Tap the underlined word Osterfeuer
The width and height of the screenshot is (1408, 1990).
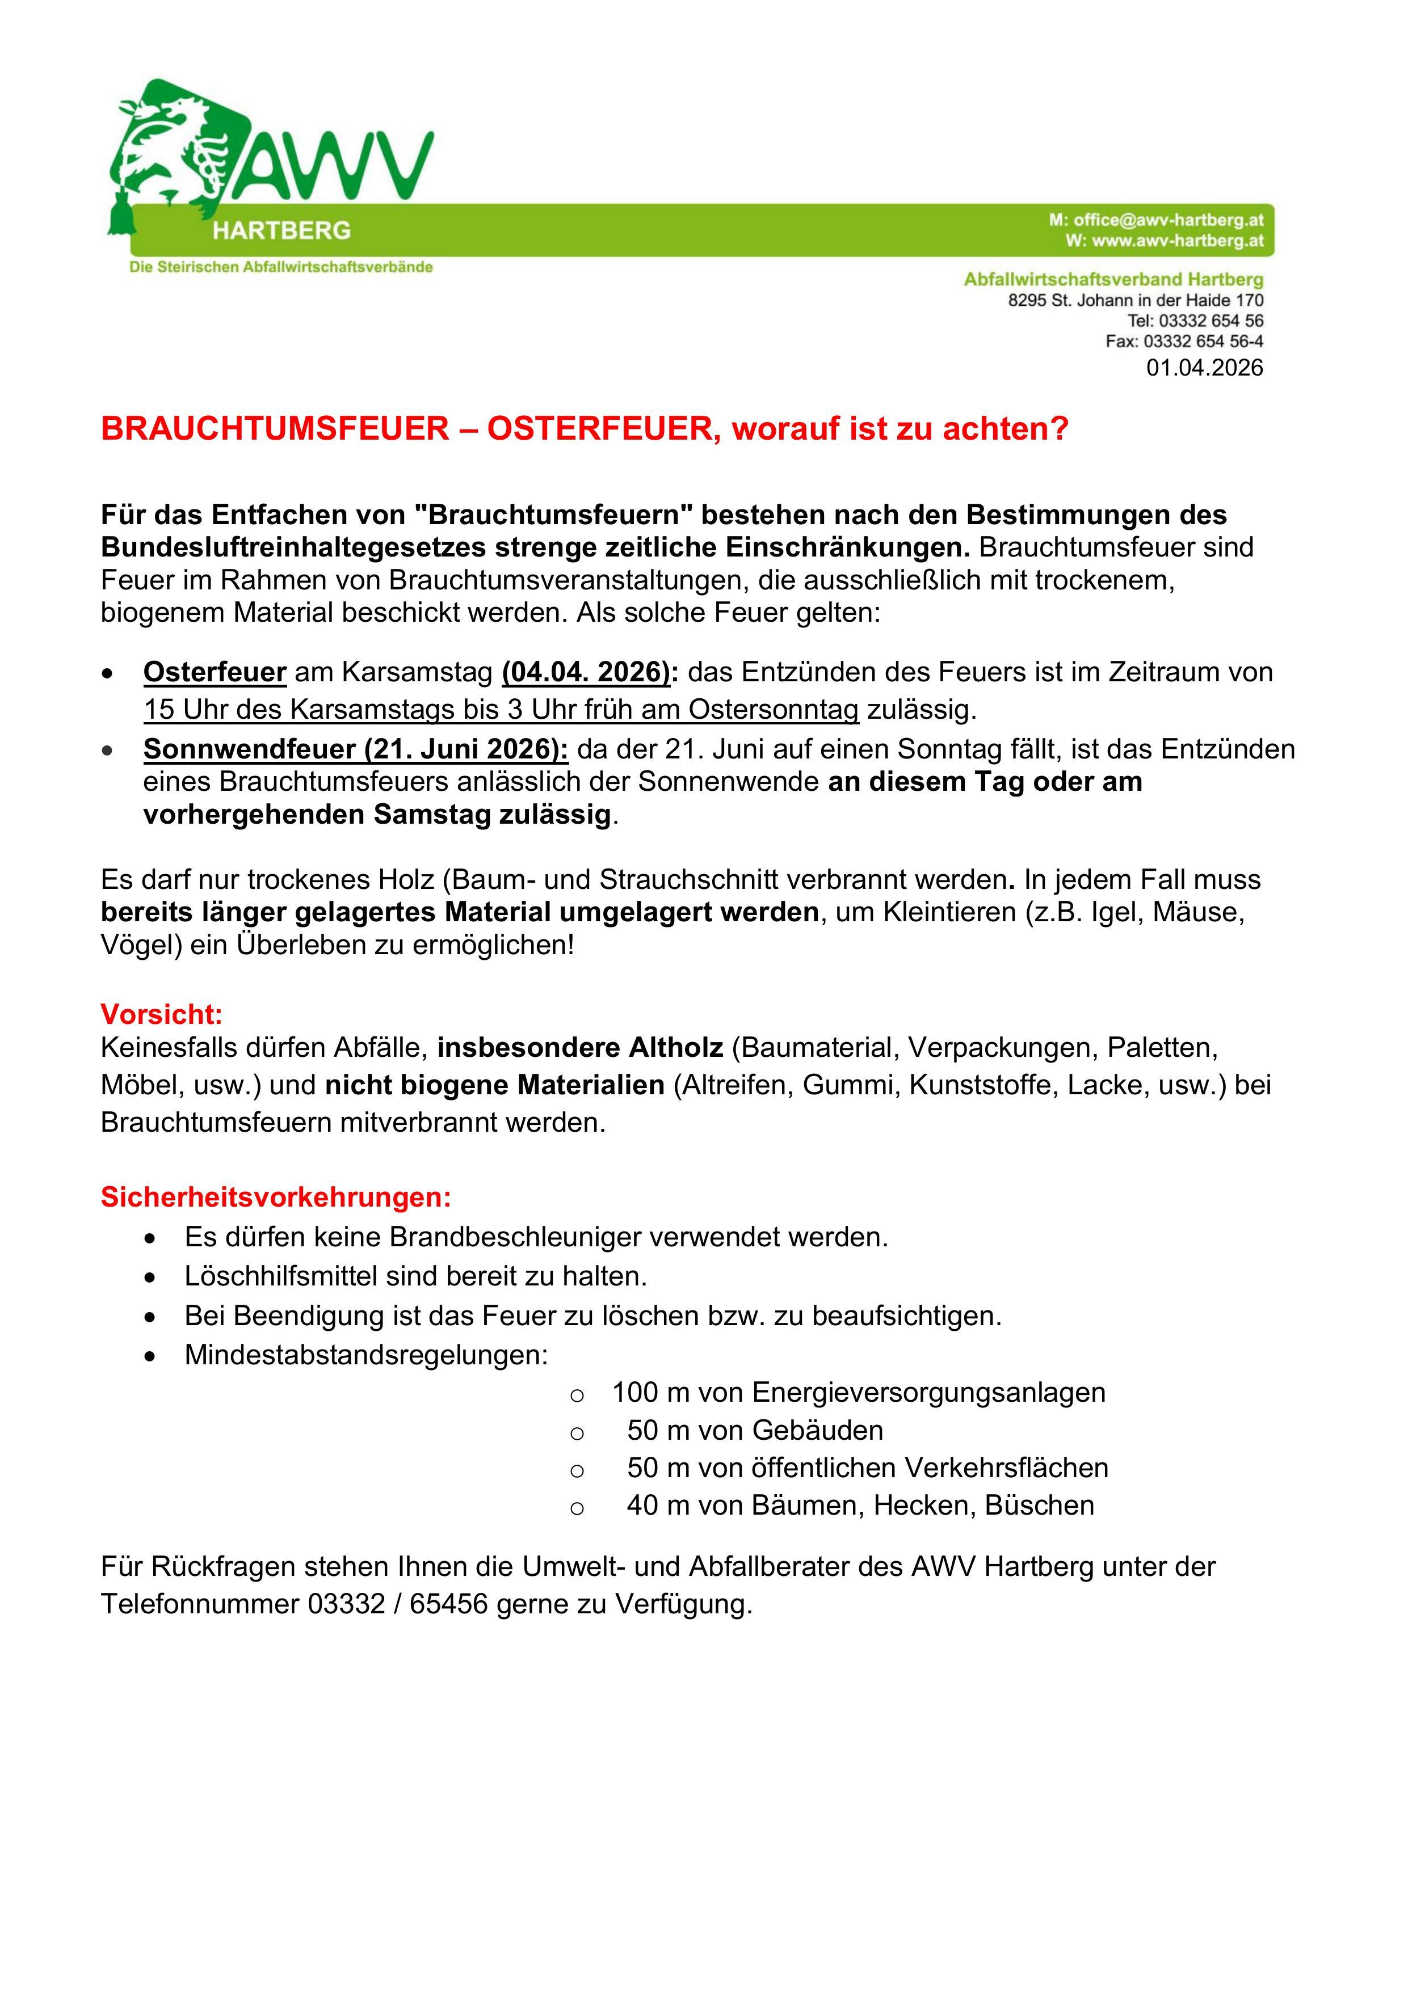(214, 673)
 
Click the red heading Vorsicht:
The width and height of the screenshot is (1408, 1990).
(161, 1014)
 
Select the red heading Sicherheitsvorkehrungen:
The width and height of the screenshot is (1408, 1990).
(276, 1198)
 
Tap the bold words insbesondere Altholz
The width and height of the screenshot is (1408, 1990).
(579, 1049)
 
